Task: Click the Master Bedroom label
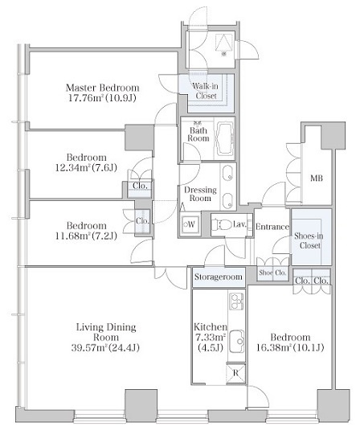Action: point(102,88)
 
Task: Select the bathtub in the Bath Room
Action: point(225,139)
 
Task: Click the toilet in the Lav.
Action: point(221,224)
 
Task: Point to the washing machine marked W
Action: point(190,224)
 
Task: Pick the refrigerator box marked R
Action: point(235,373)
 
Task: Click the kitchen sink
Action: point(237,342)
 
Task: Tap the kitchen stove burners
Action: point(236,302)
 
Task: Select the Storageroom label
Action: point(219,277)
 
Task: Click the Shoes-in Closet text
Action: point(309,240)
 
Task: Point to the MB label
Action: point(317,179)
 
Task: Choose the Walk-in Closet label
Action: point(206,91)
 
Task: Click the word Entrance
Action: point(272,227)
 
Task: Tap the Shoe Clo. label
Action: point(272,273)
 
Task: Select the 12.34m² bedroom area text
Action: point(86,168)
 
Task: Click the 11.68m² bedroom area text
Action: point(86,236)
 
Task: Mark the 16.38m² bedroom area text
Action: point(290,348)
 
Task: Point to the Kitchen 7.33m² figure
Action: point(210,337)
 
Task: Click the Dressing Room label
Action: point(200,194)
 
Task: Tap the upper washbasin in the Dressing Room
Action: point(228,174)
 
